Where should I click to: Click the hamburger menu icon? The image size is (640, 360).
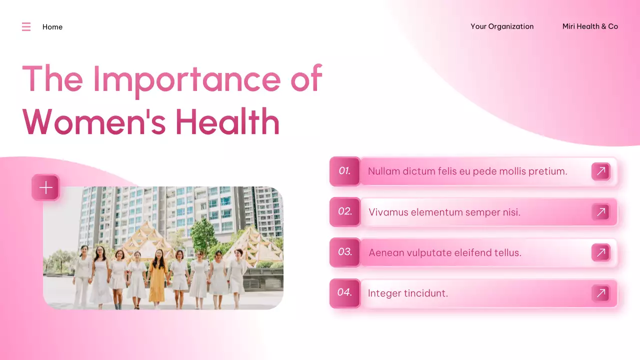[26, 27]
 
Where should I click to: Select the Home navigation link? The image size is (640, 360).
[52, 27]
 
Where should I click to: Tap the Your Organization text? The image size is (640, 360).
[502, 26]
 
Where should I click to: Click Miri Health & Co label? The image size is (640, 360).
[590, 26]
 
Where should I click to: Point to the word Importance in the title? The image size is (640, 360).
[187, 79]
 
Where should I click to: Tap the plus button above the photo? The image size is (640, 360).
[46, 187]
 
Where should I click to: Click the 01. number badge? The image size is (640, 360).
[344, 171]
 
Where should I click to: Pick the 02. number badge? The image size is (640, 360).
[344, 211]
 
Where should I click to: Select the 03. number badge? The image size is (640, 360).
[344, 252]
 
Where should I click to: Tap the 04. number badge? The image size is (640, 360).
[344, 292]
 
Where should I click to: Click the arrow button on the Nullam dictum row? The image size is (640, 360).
[601, 171]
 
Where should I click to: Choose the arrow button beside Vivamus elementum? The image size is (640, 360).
[601, 212]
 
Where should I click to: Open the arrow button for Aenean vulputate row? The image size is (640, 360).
[601, 252]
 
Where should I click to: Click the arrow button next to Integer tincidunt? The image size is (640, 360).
[601, 293]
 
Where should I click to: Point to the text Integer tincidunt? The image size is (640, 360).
[408, 293]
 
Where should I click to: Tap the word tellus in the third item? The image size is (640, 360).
[506, 253]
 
